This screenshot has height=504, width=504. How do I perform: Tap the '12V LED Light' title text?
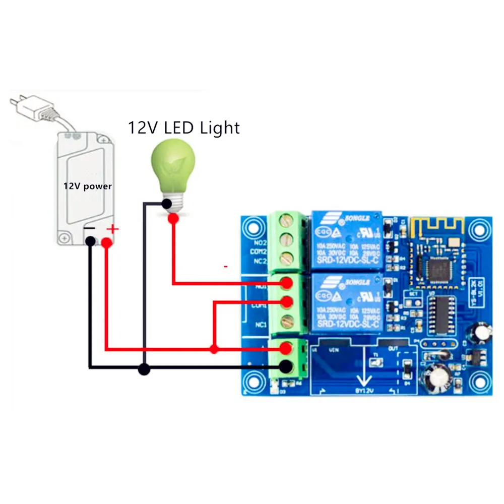[183, 128]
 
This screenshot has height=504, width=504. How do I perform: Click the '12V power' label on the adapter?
[87, 186]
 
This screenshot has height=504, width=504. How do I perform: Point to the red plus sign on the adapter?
[113, 230]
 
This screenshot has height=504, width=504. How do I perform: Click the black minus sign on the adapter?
[89, 229]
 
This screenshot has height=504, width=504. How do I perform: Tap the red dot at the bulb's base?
[173, 218]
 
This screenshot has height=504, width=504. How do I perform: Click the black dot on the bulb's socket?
[166, 204]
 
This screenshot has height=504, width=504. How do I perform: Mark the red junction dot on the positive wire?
[214, 349]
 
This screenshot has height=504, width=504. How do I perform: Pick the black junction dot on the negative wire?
[145, 370]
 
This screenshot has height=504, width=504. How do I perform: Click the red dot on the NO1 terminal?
[287, 283]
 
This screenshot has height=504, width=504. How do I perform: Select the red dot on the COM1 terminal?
[287, 302]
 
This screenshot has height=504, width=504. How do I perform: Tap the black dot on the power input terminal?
[287, 367]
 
